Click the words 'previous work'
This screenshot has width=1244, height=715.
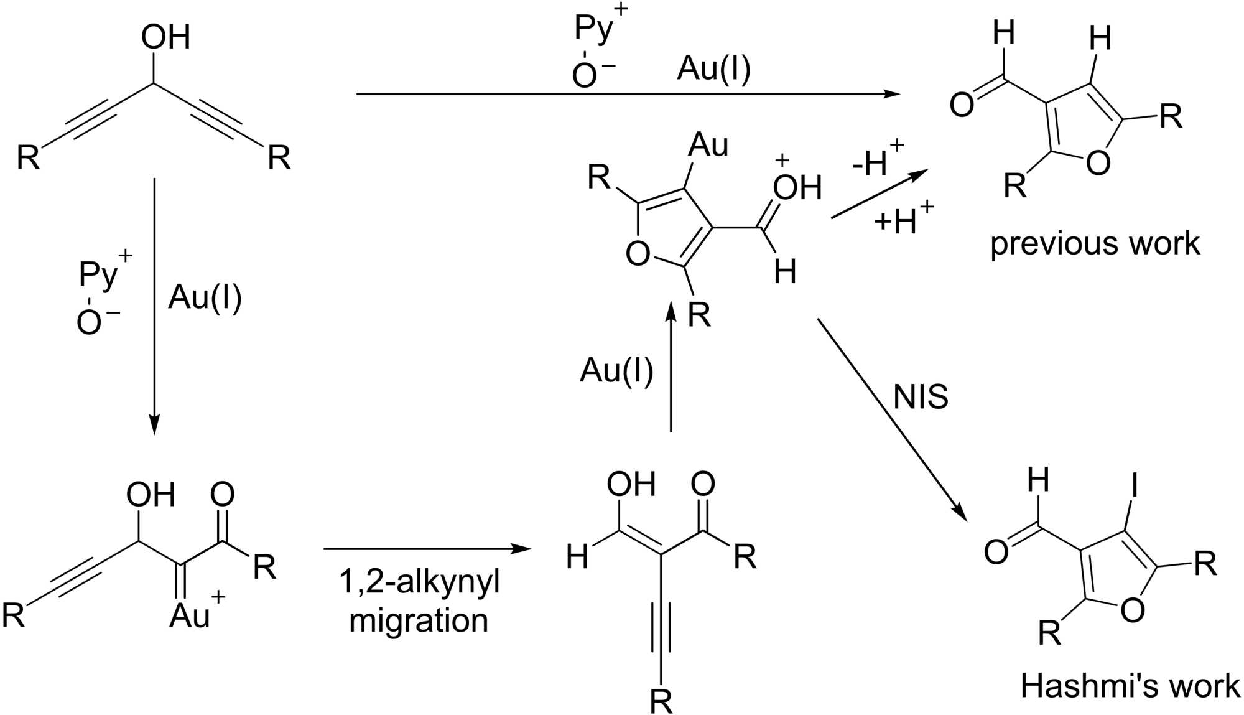point(1095,243)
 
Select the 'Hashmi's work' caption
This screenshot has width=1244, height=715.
point(1130,686)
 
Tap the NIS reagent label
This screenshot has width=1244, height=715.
point(921,396)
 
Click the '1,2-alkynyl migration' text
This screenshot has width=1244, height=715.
point(419,601)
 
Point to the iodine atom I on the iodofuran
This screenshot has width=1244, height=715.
point(1135,485)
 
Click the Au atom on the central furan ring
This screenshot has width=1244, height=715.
point(708,145)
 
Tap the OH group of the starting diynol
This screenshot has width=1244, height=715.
point(165,37)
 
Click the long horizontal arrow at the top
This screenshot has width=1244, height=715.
point(628,94)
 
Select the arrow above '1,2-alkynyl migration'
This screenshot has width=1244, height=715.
point(428,549)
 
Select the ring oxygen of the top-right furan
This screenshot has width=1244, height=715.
point(1098,162)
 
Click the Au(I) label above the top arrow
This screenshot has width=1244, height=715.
point(713,68)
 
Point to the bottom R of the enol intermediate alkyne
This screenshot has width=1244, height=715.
point(661,701)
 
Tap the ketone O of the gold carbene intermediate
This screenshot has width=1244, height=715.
point(222,495)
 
